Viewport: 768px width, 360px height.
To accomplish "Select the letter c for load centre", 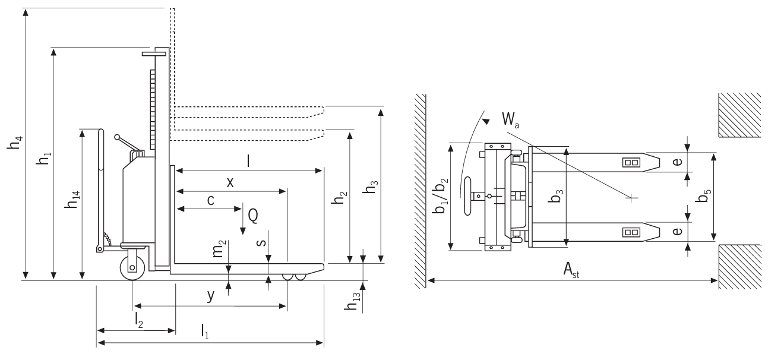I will point(210,200).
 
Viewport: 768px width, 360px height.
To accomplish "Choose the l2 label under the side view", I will point(139,321).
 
